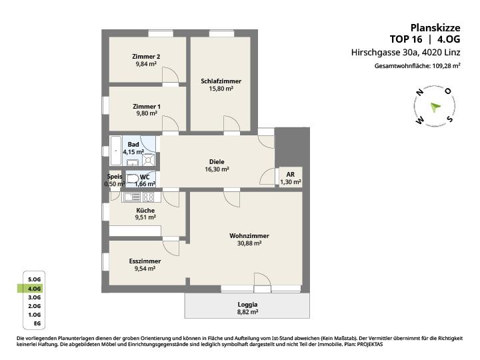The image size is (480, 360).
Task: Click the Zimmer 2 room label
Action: point(146,57)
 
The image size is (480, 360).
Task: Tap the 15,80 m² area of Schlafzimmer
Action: point(221,89)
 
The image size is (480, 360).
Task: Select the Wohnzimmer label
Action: point(249,236)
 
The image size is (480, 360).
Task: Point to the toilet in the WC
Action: point(133,179)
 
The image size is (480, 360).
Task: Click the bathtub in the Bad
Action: point(116,151)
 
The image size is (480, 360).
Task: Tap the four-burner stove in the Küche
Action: point(148,197)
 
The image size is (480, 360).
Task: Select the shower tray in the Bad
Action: point(149,159)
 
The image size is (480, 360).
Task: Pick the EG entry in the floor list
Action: point(37,323)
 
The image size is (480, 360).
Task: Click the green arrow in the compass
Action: point(435,107)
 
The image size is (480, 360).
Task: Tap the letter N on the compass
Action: point(420,93)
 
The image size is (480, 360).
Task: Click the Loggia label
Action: point(247,305)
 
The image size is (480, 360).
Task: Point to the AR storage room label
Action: point(291,175)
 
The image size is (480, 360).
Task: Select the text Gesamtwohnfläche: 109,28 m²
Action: point(417,66)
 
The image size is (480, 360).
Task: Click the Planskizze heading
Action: point(435,28)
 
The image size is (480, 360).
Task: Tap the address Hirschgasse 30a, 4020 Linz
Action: point(406,53)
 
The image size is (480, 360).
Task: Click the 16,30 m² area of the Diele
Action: point(217,169)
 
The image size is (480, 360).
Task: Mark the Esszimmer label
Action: point(145,261)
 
